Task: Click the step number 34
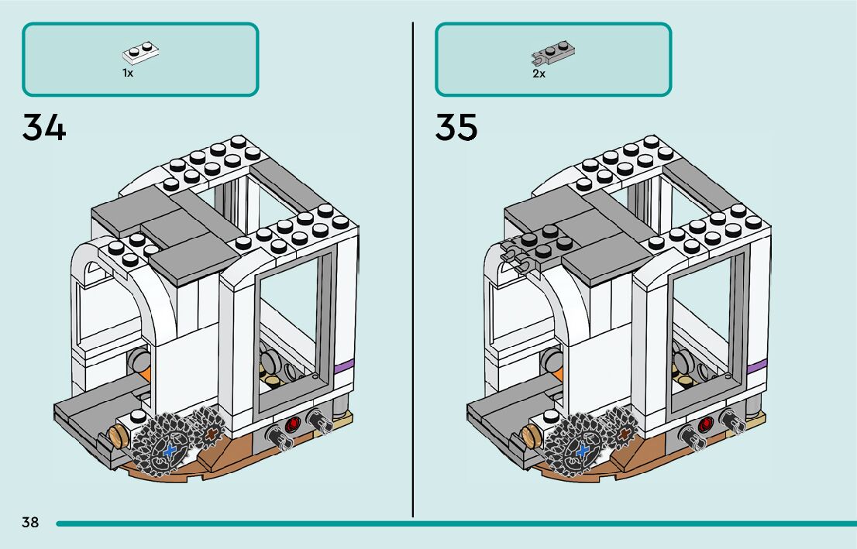click(x=44, y=128)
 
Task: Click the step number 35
click(x=456, y=128)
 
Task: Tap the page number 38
click(x=30, y=522)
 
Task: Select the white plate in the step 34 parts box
click(x=140, y=53)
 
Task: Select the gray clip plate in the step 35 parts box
click(x=552, y=53)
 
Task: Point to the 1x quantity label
click(x=128, y=73)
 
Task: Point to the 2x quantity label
click(x=539, y=74)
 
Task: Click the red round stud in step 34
click(x=293, y=424)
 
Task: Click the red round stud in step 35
click(x=706, y=424)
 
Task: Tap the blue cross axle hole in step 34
click(x=170, y=449)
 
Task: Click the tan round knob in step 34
click(x=118, y=435)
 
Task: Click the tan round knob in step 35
click(x=531, y=435)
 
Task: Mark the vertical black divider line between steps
click(x=412, y=271)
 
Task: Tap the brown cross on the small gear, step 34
click(x=210, y=436)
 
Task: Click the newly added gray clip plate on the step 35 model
click(x=519, y=257)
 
